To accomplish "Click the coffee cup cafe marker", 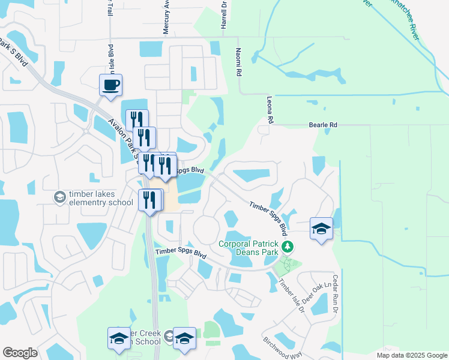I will pos(110,85).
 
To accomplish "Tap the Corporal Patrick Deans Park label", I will pos(249,248).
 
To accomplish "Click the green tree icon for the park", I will pos(288,246).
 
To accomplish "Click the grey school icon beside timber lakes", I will pos(59,197).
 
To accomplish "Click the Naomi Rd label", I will pos(238,62).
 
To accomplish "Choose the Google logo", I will pos(20,353).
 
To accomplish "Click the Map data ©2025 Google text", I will pos(411,355).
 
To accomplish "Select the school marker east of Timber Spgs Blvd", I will pos(322,229).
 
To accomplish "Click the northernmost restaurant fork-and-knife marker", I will pos(137,120).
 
